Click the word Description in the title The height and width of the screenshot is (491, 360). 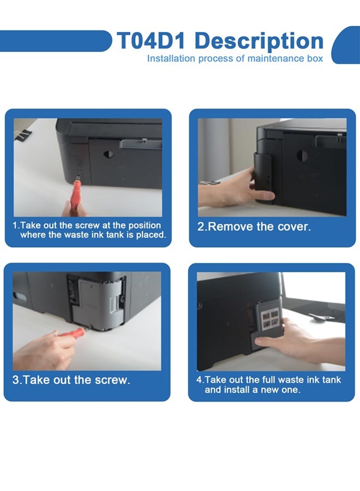tap(259, 41)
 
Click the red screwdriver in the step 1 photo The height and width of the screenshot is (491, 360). tap(74, 188)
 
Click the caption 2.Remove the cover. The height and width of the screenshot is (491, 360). tap(254, 227)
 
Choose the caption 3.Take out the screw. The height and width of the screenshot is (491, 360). tap(71, 380)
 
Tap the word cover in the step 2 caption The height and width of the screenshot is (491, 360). tap(295, 227)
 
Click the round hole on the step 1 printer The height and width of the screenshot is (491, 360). tap(109, 154)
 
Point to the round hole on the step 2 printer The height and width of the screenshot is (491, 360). tap(302, 155)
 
